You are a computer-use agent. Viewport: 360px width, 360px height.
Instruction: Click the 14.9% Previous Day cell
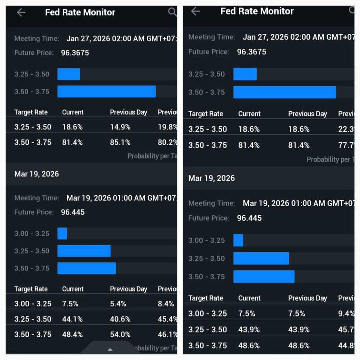[x=120, y=127]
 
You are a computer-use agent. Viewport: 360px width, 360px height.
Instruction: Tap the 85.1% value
[x=120, y=142]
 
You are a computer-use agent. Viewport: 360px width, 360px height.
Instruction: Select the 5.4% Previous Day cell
[x=118, y=304]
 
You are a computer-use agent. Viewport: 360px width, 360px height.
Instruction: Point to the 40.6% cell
[x=120, y=319]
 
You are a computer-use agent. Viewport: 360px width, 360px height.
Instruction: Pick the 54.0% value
[x=120, y=334]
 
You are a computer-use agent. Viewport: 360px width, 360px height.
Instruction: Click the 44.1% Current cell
[x=72, y=319]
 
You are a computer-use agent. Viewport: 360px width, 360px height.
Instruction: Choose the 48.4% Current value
[x=72, y=334]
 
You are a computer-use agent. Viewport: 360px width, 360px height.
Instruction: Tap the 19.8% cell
[x=167, y=127]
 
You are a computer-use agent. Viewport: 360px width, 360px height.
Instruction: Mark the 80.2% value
[x=167, y=142]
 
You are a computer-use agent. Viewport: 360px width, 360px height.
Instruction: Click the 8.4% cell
[x=166, y=304]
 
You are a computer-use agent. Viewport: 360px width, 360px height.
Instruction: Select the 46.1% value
[x=167, y=334]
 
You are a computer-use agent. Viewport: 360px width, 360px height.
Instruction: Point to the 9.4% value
[x=346, y=313]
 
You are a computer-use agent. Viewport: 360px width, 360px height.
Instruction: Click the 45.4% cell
[x=167, y=319]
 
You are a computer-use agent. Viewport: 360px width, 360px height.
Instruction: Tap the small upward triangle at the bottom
[x=110, y=349]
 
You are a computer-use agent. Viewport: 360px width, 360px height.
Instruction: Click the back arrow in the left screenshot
[x=21, y=12]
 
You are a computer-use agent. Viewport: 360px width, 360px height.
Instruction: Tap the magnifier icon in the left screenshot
[x=172, y=12]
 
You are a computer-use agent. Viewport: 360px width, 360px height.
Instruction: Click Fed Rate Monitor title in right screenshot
[x=257, y=11]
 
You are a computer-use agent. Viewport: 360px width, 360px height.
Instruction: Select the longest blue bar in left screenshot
[x=106, y=91]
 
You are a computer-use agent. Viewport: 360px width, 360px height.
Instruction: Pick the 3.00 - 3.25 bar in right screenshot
[x=238, y=240]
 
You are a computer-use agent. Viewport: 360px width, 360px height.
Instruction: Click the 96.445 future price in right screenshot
[x=249, y=218]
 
